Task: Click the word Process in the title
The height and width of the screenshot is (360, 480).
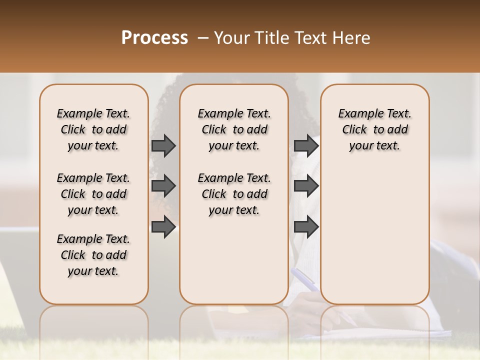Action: (154, 37)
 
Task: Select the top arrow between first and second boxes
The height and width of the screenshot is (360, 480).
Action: (163, 145)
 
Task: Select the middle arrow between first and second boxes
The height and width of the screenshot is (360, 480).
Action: (163, 186)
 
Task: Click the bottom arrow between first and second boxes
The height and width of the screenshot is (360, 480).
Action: (163, 227)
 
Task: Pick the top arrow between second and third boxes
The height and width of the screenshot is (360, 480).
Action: (306, 145)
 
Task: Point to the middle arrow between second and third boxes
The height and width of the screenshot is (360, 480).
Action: (306, 186)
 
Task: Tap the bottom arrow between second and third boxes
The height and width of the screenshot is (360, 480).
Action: (306, 227)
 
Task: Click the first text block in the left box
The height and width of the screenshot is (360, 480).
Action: (93, 129)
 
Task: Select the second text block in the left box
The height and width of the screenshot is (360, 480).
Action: (93, 194)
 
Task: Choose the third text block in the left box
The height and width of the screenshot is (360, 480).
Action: (93, 255)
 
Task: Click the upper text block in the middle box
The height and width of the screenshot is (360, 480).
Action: (234, 129)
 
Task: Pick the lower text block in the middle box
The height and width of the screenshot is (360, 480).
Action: (234, 194)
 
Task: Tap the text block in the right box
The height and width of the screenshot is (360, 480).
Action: (374, 129)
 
